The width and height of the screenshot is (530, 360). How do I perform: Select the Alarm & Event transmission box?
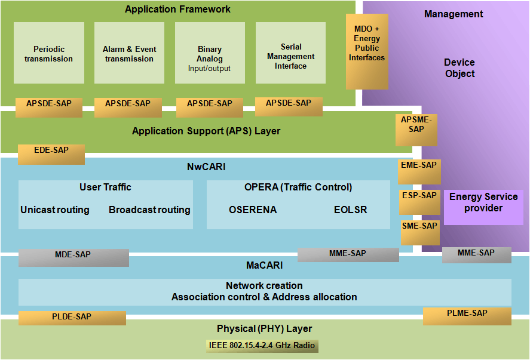129,53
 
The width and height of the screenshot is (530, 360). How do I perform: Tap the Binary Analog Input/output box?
210,53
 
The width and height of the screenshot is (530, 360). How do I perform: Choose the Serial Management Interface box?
290,53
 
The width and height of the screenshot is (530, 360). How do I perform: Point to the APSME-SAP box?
416,129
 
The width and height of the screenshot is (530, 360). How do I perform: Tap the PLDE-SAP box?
72,318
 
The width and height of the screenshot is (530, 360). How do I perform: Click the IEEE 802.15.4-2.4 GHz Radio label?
262,346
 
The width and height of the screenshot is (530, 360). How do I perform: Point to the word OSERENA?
253,210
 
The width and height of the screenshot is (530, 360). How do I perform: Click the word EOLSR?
350,210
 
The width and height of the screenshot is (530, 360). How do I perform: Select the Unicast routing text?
55,210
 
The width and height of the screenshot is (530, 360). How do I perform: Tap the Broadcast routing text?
149,210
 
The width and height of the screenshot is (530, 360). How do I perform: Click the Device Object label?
459,68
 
